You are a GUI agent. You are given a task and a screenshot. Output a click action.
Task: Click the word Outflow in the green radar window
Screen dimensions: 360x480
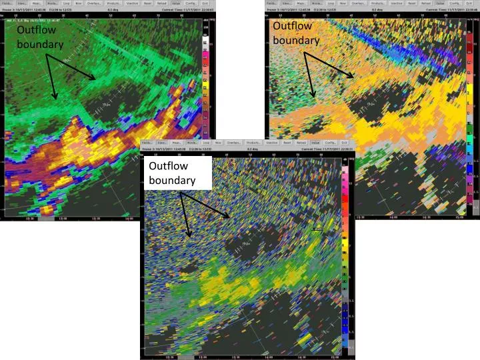pos(32,31)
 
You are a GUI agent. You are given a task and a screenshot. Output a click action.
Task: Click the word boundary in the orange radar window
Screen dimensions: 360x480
pos(296,40)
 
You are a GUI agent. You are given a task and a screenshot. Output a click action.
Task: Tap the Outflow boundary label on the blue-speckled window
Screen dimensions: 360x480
pos(172,173)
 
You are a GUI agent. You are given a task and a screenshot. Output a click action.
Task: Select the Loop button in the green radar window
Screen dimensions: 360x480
pos(67,3)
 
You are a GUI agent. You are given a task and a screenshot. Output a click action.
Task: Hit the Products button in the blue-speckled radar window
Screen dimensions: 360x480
pos(253,143)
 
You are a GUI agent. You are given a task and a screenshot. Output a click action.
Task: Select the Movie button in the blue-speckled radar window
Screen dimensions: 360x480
pos(191,143)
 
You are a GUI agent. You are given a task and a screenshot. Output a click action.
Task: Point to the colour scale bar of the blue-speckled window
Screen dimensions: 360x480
pos(345,253)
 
